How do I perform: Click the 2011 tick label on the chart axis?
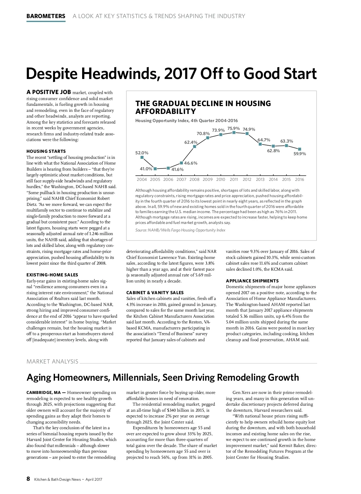234,179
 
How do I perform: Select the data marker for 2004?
142,157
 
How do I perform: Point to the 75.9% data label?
233,128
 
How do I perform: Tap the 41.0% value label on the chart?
146,169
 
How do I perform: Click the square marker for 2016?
300,149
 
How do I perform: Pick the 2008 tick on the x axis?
194,179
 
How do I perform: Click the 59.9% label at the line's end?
300,154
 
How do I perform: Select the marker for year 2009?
208,138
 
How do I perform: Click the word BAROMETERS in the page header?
46,16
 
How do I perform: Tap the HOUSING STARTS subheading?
46,151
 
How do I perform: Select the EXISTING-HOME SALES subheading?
52,275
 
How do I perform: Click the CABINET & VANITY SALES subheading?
155,293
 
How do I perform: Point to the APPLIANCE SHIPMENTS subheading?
252,281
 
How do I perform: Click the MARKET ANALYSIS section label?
52,361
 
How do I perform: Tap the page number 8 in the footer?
28,479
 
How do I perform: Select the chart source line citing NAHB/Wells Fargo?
180,230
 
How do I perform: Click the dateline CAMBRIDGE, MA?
44,392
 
